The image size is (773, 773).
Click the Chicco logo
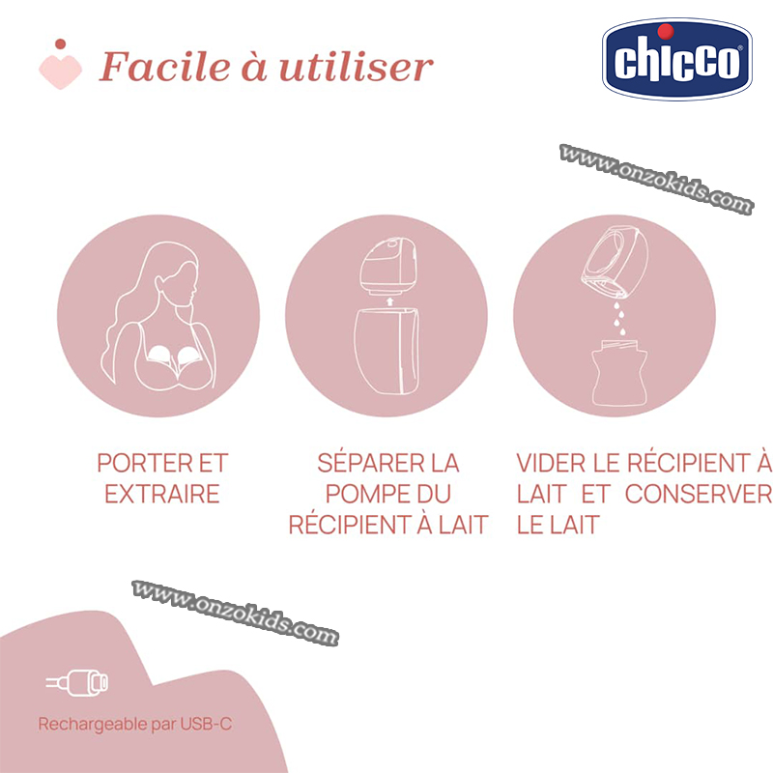(x=677, y=59)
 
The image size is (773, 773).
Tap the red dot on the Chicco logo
(x=666, y=31)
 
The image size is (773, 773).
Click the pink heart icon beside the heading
(x=60, y=65)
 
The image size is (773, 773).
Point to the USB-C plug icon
(x=77, y=682)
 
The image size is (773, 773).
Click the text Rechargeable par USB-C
(x=135, y=724)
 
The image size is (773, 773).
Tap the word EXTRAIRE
(x=162, y=494)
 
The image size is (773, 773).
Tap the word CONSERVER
(x=699, y=494)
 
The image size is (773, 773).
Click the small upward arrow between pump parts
(x=390, y=301)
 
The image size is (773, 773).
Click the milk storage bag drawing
(x=619, y=373)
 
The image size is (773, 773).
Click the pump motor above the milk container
(x=388, y=266)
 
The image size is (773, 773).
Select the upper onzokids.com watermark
(x=656, y=179)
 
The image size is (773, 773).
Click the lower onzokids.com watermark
(x=235, y=613)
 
